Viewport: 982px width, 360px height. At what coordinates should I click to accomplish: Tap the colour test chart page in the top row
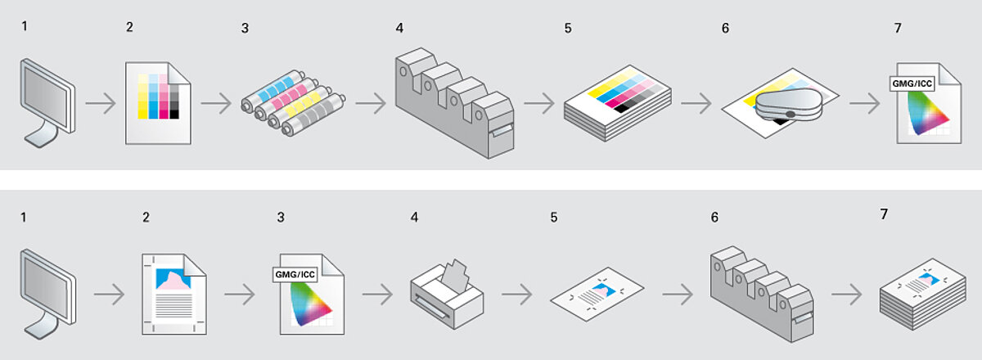[x=157, y=102]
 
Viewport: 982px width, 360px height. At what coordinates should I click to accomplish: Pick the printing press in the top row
[x=454, y=104]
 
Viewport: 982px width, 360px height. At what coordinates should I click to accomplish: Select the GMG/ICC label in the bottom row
[x=294, y=274]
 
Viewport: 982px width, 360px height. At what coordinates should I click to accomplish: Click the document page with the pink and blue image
[x=173, y=292]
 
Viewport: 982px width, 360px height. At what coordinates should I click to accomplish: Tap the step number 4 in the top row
[x=399, y=28]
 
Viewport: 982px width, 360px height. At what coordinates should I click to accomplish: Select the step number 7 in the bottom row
[x=884, y=214]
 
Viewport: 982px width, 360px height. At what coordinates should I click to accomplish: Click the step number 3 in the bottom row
[x=281, y=217]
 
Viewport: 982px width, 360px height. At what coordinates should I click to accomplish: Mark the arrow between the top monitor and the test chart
[x=101, y=104]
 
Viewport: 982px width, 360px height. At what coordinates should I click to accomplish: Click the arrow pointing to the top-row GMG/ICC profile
[x=863, y=104]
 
